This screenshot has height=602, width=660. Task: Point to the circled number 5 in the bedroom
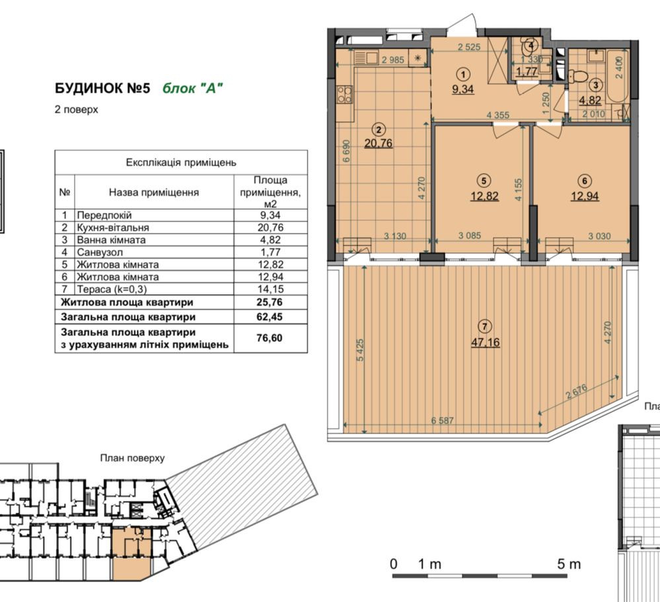(484, 180)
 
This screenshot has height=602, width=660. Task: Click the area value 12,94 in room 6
(585, 195)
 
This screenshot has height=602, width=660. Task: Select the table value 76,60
(270, 338)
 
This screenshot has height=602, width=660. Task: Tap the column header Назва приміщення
(154, 193)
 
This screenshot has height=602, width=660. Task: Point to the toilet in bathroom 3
(577, 73)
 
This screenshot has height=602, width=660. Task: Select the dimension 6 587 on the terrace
(445, 421)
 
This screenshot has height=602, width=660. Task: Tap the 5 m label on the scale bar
(568, 564)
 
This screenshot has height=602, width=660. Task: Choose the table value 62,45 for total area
(270, 317)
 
